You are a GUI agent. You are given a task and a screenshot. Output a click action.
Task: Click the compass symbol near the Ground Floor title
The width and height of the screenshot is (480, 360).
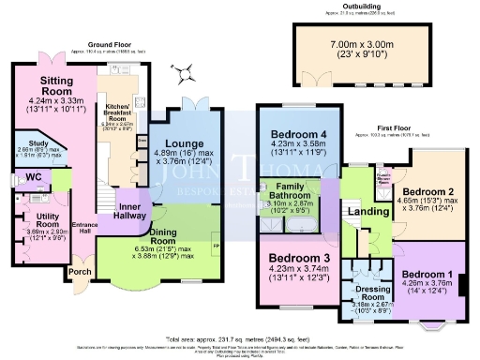187,67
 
